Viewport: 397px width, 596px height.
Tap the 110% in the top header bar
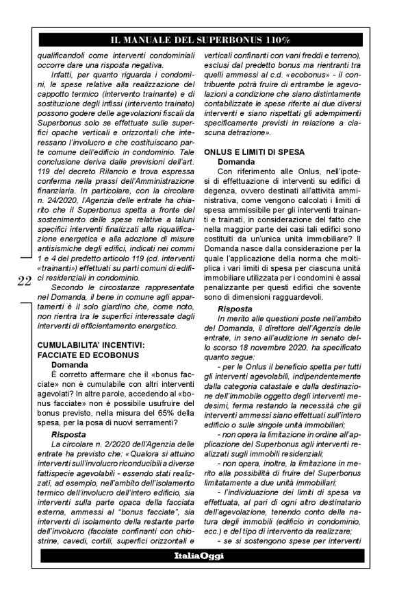click(x=273, y=40)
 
